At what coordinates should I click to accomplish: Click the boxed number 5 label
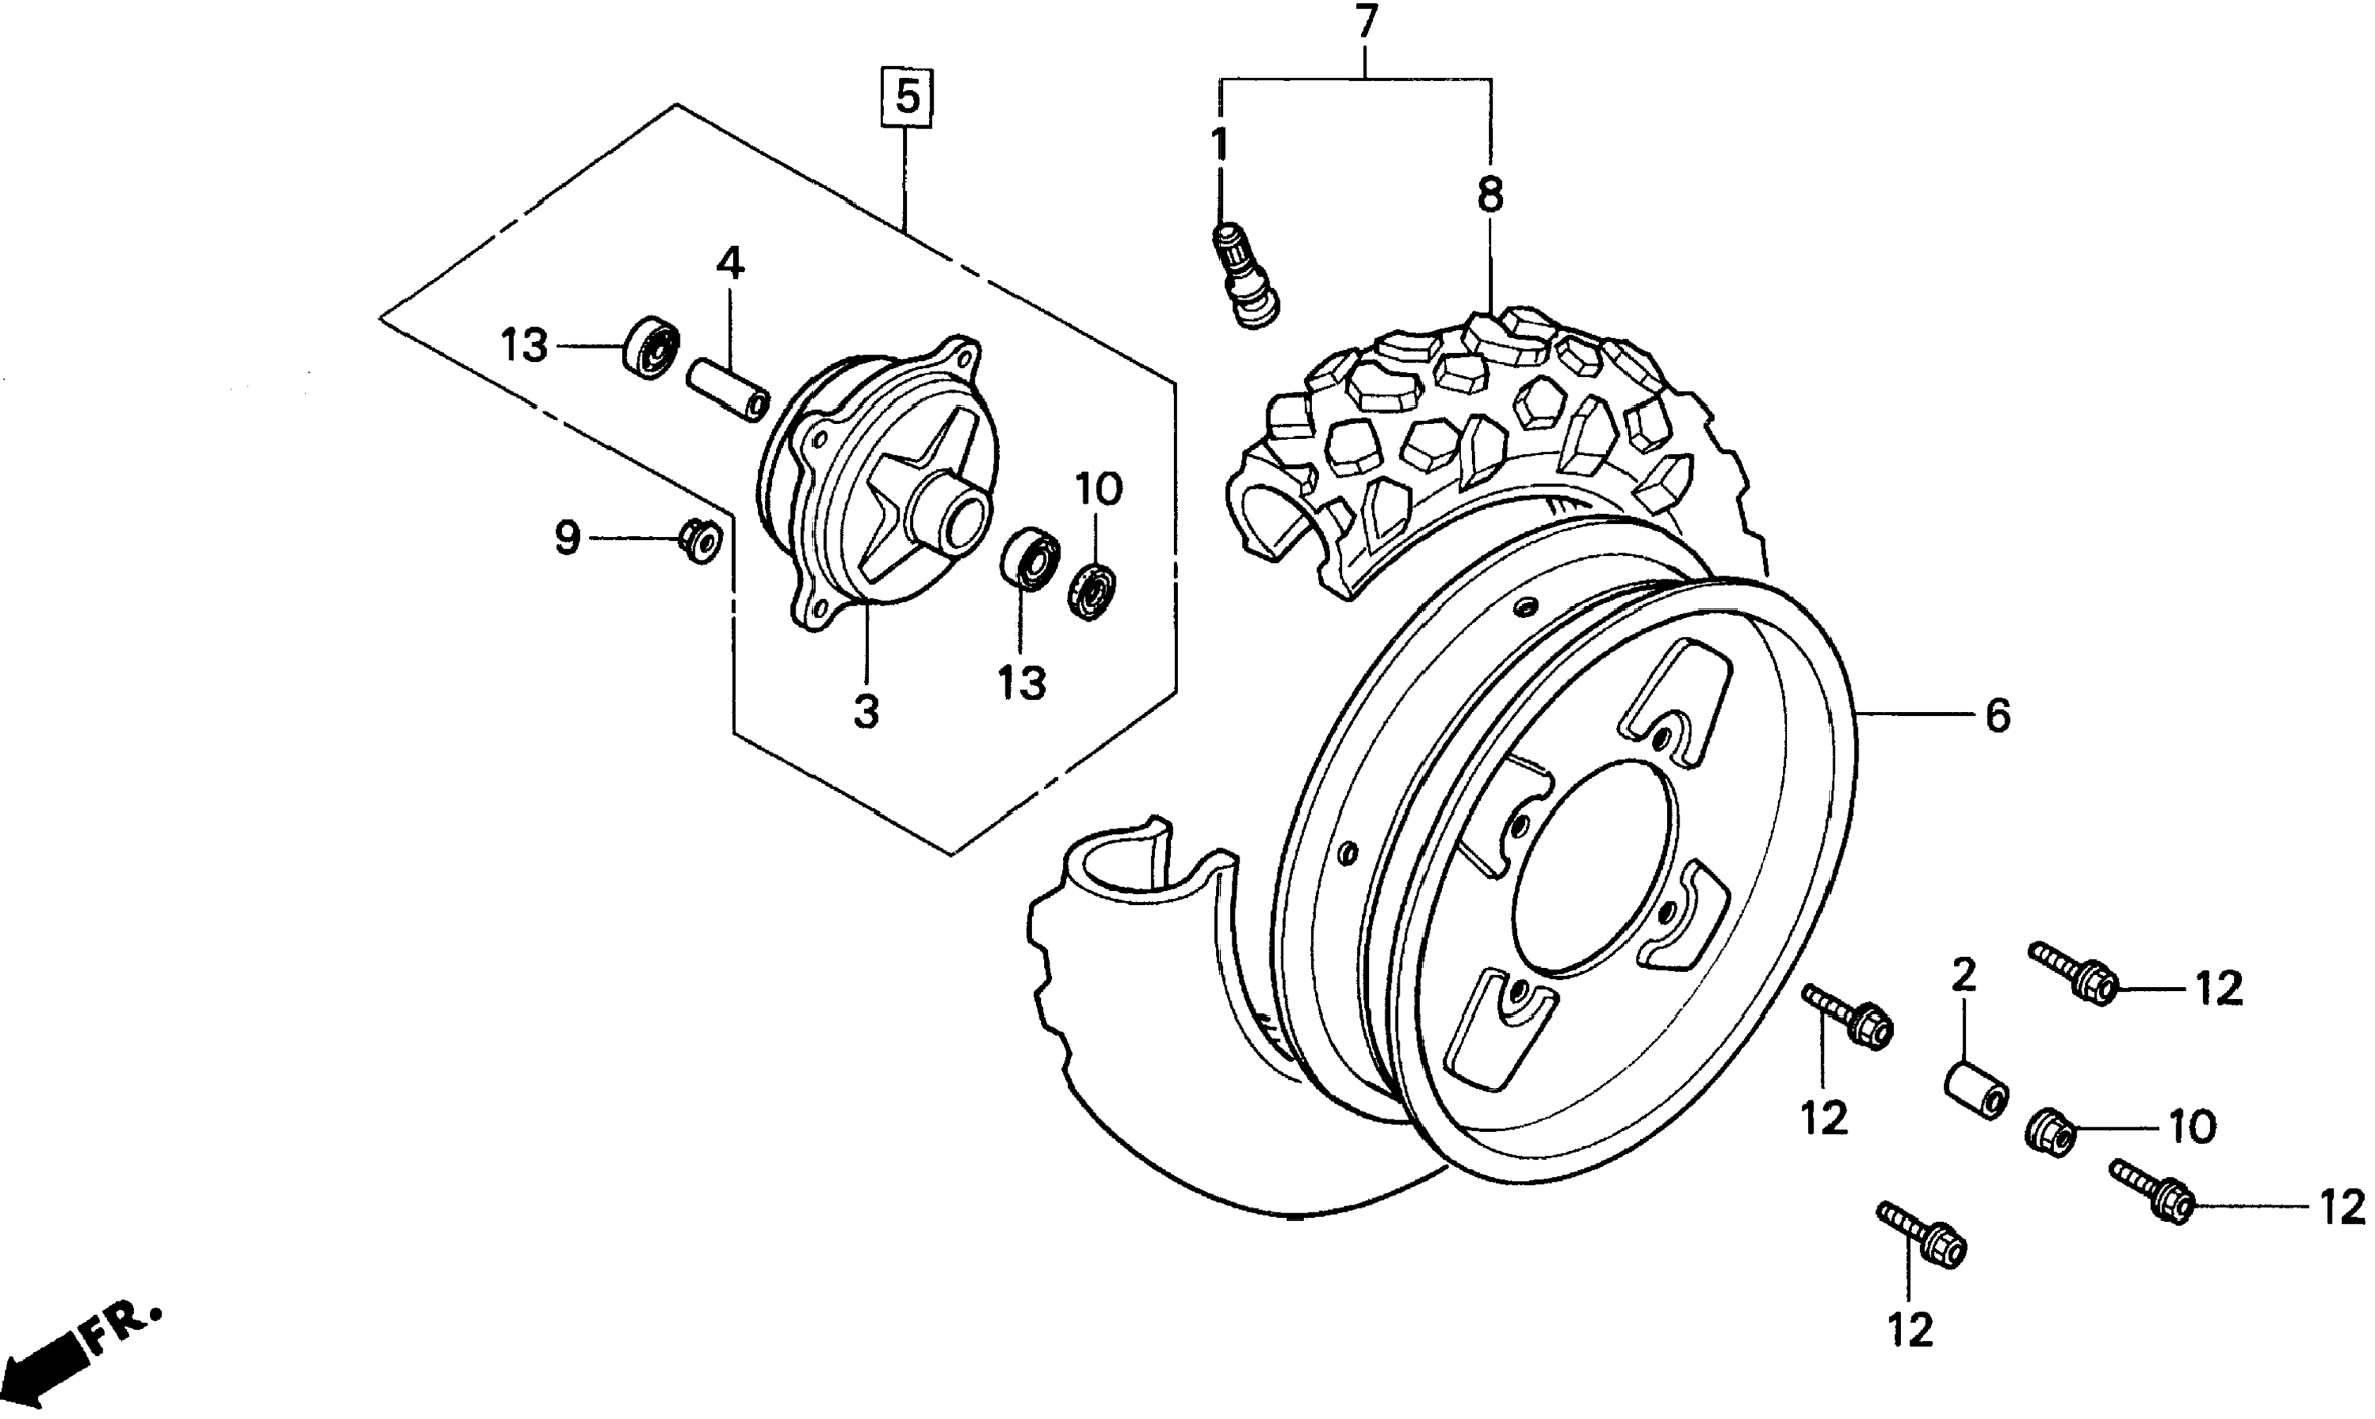click(908, 97)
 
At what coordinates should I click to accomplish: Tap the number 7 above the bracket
click(1367, 22)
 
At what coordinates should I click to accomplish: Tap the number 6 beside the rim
click(1998, 715)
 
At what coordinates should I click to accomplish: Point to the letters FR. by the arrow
click(125, 1324)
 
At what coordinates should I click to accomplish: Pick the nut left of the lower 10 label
click(2050, 1132)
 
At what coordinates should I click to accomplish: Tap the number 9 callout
click(568, 539)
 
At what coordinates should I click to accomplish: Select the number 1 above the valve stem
click(1219, 144)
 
